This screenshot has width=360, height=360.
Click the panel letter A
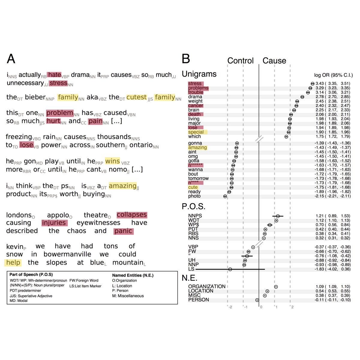point(11,59)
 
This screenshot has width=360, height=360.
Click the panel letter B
point(186,59)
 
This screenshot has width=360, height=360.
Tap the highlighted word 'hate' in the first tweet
point(54,75)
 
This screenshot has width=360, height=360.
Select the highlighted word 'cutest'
point(136,97)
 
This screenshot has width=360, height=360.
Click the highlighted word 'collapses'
point(132,215)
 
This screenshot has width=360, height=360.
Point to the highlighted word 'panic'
point(123,231)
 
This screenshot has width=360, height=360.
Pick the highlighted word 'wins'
point(112,161)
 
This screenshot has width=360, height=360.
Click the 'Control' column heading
point(240,61)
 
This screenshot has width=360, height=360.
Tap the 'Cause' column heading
point(274,61)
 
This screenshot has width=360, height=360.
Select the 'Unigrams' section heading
point(199,74)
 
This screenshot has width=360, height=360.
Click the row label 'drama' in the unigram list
point(195,97)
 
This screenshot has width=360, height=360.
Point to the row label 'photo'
point(194,196)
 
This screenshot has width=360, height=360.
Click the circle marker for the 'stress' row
point(312,84)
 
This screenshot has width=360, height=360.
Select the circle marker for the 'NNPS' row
point(278,216)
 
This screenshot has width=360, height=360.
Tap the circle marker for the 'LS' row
point(230,269)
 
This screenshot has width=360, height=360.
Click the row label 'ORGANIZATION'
point(207,286)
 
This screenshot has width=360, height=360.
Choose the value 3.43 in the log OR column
point(319,83)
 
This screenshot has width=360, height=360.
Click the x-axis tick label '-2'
point(230,307)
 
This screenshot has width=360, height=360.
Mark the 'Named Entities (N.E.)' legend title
point(133,275)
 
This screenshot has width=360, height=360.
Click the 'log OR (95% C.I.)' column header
point(333,75)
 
